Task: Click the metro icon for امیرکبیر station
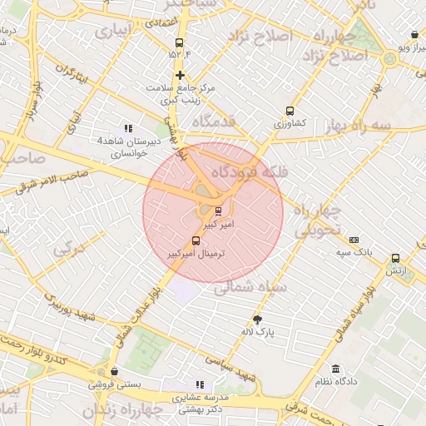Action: (x=218, y=211)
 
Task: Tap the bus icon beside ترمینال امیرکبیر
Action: (x=196, y=240)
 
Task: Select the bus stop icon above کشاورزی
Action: (x=290, y=111)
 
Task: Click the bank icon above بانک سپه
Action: (x=354, y=239)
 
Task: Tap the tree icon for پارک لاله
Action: (x=257, y=319)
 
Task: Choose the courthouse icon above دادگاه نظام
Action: (x=334, y=369)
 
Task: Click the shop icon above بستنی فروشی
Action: (x=114, y=372)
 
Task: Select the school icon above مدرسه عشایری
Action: (x=199, y=384)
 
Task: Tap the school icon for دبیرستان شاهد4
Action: (x=127, y=128)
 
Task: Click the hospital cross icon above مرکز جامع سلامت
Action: (x=179, y=75)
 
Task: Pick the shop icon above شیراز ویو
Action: (x=414, y=35)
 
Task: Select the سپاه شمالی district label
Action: (x=250, y=288)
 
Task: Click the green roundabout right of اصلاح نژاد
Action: (x=389, y=58)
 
